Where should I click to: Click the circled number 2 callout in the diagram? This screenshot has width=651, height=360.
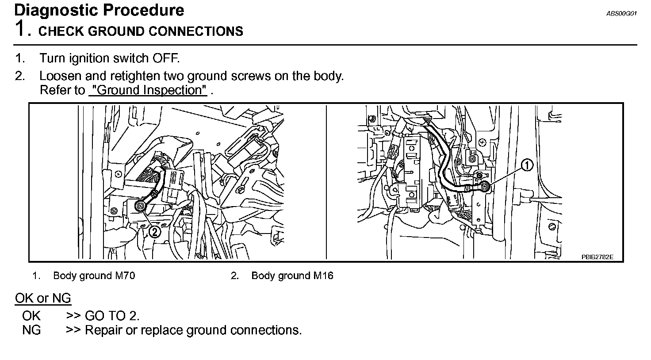[154, 231]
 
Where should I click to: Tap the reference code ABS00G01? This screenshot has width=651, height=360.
[621, 14]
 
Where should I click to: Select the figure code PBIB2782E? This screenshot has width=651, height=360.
[597, 257]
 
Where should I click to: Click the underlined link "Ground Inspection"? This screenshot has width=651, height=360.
[148, 90]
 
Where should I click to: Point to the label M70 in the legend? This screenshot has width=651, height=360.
[125, 276]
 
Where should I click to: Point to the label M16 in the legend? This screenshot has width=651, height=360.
[323, 276]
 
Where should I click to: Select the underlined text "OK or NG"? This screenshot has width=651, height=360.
[43, 298]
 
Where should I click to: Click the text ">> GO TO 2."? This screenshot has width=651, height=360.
[103, 316]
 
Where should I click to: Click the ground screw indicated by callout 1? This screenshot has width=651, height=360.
[485, 186]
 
